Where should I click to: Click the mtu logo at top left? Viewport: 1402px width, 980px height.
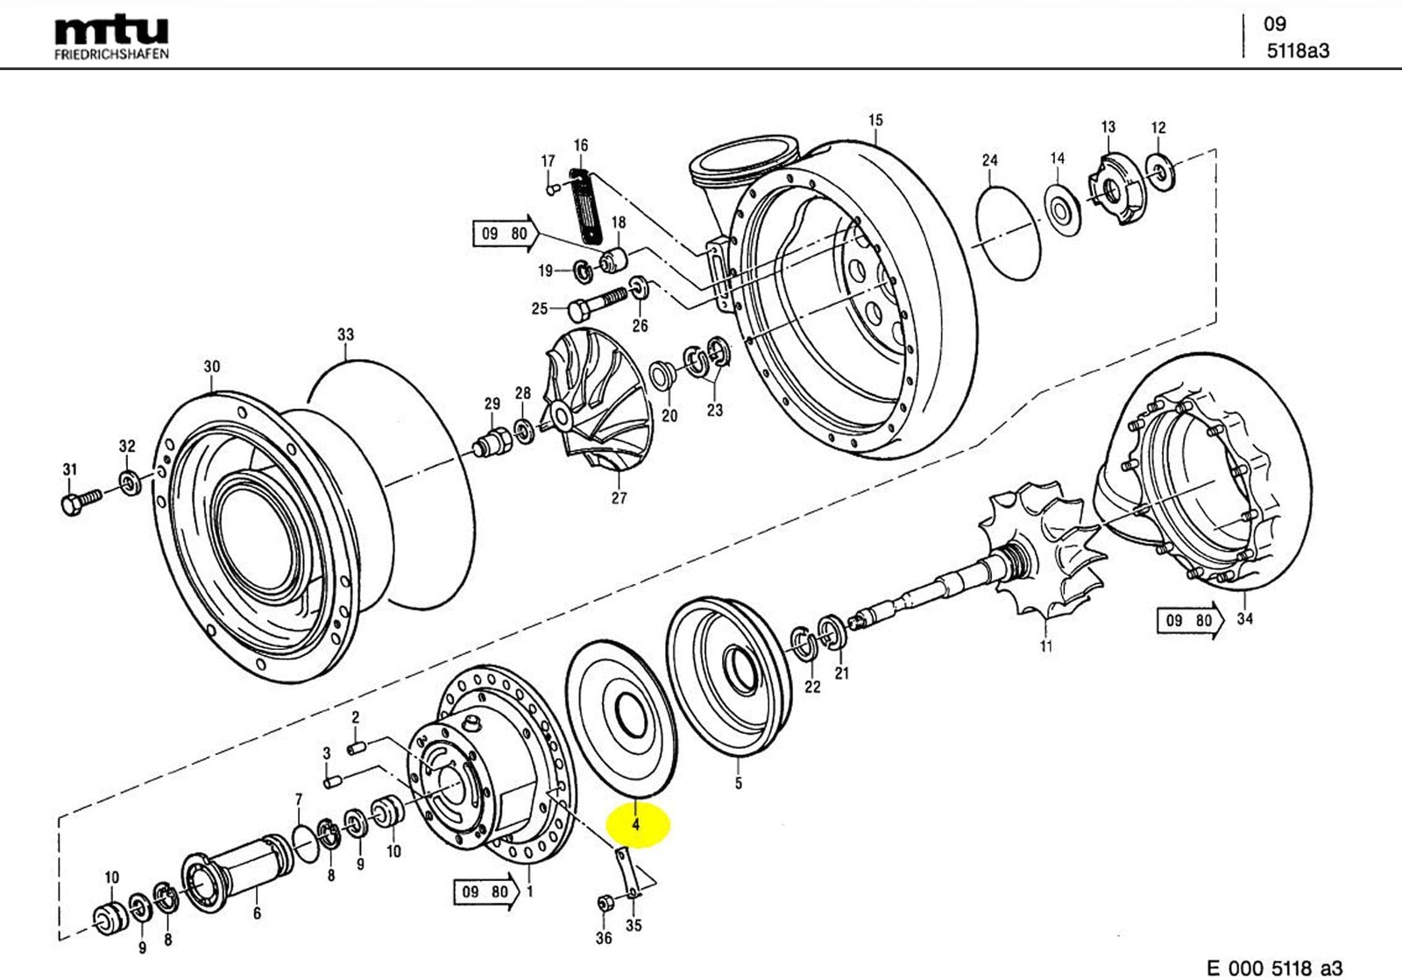pos(111,32)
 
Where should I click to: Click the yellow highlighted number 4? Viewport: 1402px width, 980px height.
pos(636,825)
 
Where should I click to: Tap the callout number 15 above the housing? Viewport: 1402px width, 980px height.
pos(875,120)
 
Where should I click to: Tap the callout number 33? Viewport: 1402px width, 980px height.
pos(345,335)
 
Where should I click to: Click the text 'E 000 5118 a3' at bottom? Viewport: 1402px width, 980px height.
pos(1274,967)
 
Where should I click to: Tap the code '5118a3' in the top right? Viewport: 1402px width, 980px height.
pos(1298,51)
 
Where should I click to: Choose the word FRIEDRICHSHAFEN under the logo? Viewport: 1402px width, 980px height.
pos(111,53)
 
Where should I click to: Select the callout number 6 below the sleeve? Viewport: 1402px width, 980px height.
pos(257,913)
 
